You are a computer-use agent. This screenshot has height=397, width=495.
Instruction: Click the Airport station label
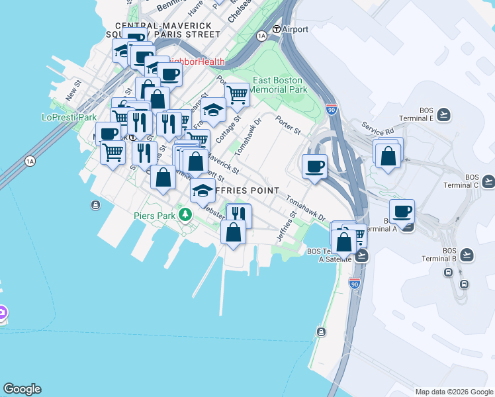(x=294, y=30)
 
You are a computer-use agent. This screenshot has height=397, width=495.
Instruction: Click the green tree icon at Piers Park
(x=187, y=214)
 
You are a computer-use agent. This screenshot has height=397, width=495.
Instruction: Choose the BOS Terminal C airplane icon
(x=488, y=181)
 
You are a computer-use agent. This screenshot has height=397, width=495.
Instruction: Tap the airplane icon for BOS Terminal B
(x=467, y=253)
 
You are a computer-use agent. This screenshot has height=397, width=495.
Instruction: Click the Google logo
(x=22, y=389)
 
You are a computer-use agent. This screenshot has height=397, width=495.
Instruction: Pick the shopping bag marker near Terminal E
(x=388, y=155)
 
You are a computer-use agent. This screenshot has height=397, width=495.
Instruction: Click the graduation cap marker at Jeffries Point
(x=202, y=190)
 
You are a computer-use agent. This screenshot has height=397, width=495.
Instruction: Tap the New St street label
(x=72, y=90)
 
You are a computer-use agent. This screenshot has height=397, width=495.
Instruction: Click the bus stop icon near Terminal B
(x=464, y=284)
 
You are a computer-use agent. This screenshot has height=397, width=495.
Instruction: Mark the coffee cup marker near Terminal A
(x=402, y=212)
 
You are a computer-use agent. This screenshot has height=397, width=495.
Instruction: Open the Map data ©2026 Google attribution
(x=454, y=392)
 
